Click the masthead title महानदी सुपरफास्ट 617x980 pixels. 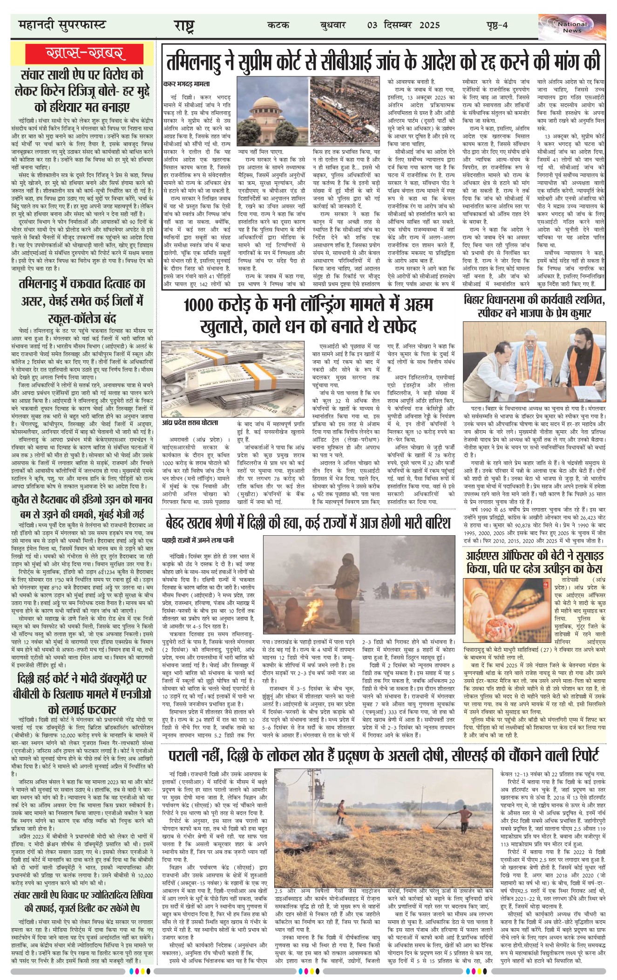click(62, 25)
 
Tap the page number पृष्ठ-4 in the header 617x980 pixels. click(495, 25)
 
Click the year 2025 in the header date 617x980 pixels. click(429, 25)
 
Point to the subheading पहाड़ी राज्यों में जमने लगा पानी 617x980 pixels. click(198, 540)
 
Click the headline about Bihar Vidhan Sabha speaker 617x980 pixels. click(534, 307)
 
